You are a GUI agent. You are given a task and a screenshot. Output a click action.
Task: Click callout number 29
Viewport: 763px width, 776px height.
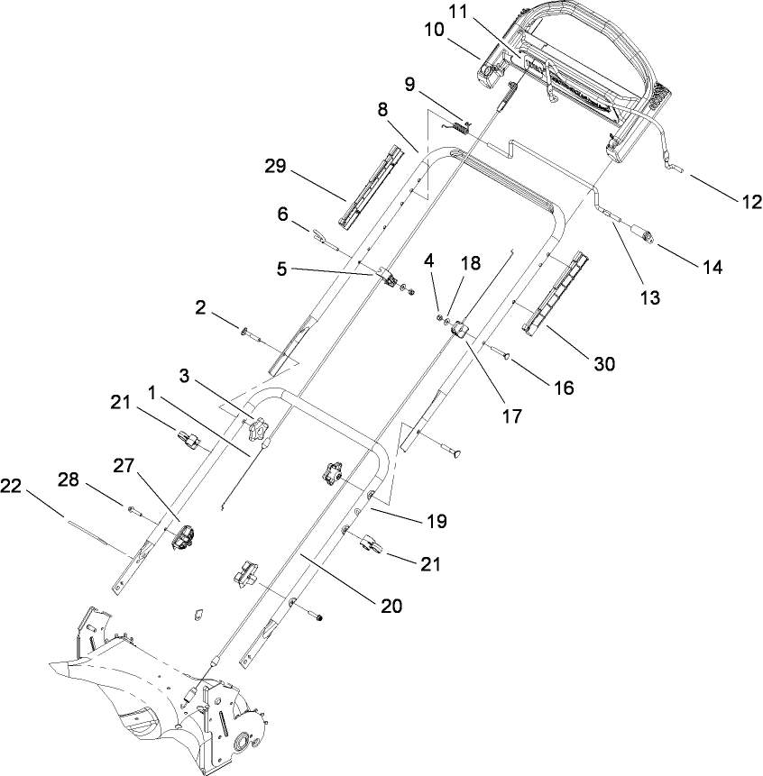277,167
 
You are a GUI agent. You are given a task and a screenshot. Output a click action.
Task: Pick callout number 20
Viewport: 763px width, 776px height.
391,606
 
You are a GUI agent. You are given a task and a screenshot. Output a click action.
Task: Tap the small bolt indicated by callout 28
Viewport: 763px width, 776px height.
137,512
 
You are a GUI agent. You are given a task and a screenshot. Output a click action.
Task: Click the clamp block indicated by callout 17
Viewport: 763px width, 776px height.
461,329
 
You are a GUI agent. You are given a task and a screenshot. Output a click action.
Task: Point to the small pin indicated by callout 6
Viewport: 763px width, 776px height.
324,240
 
